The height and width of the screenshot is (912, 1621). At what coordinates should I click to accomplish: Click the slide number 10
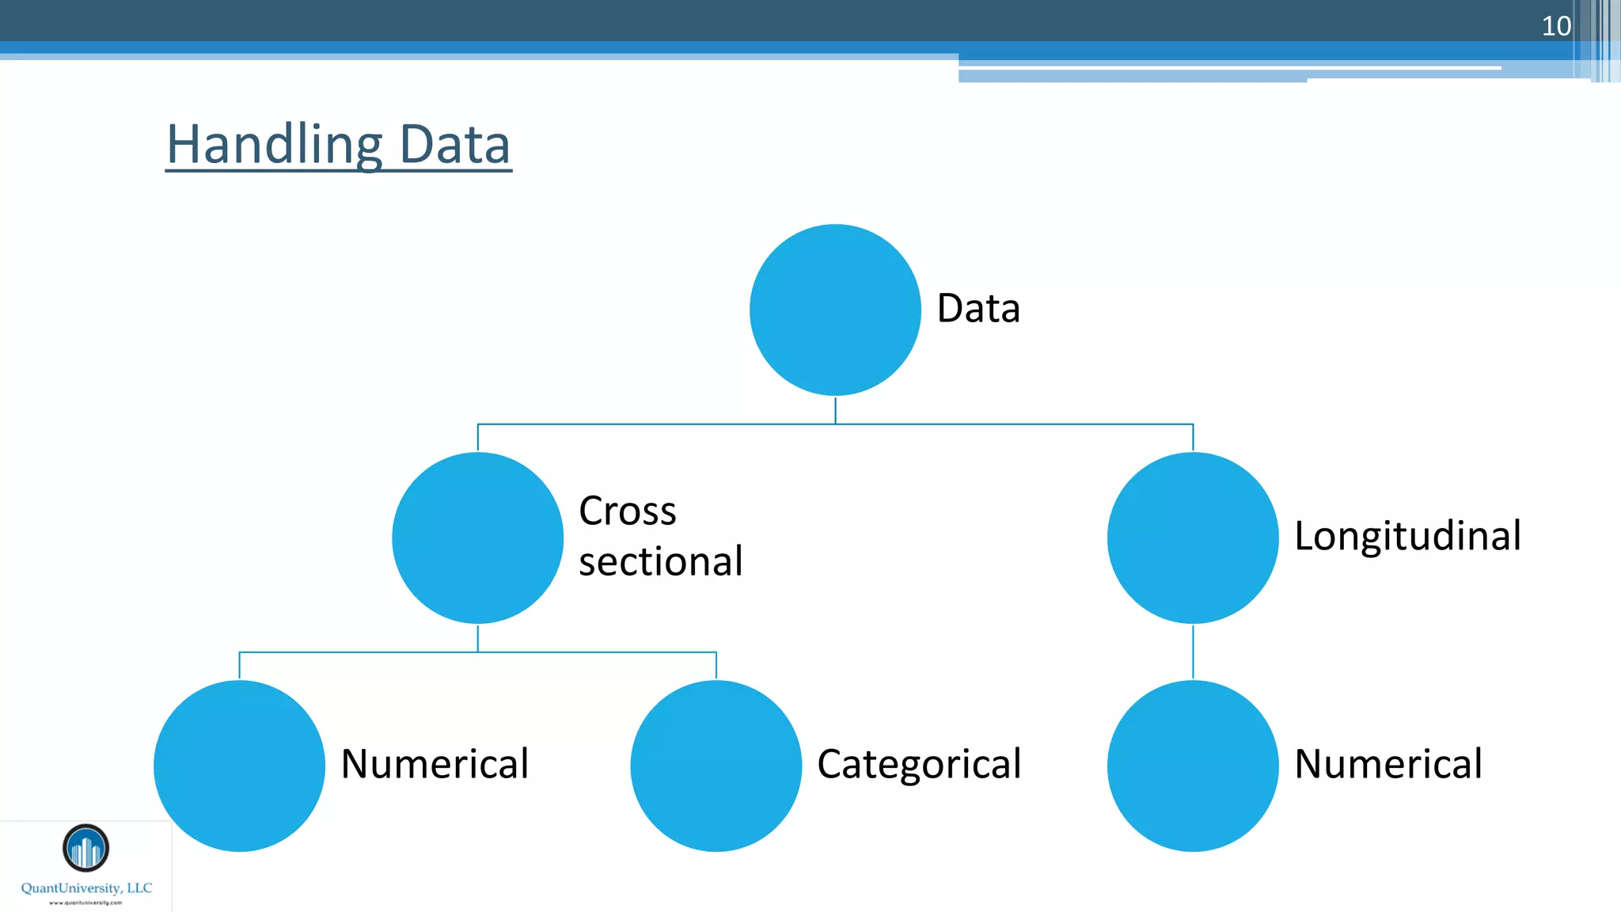[x=1555, y=26]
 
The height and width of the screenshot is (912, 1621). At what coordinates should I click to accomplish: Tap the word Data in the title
[x=454, y=145]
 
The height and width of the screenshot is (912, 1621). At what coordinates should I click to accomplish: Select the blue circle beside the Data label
[x=835, y=310]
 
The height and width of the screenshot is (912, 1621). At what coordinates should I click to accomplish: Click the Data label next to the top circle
[x=978, y=308]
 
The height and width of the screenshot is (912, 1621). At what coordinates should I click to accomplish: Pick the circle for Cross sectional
[x=477, y=538]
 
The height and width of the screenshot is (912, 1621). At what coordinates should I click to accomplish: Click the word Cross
[x=628, y=511]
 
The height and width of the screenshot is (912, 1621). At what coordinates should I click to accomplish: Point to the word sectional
[x=661, y=561]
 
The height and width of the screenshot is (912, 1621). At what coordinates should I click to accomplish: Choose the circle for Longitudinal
[x=1193, y=538]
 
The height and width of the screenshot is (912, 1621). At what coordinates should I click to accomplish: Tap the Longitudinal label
[x=1407, y=536]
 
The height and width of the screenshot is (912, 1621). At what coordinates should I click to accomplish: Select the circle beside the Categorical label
[x=716, y=766]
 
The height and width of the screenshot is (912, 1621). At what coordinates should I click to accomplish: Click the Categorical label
[x=919, y=765]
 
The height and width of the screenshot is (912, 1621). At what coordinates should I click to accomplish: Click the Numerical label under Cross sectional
[x=435, y=764]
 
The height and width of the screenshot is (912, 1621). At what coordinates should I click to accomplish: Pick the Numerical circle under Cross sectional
[x=239, y=766]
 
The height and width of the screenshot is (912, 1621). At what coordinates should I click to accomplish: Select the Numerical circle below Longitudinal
[x=1193, y=766]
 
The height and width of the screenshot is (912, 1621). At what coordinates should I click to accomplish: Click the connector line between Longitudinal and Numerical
[x=1193, y=652]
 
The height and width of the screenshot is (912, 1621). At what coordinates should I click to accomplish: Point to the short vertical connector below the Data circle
[x=835, y=410]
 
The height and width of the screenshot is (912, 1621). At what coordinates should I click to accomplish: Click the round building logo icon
[x=85, y=848]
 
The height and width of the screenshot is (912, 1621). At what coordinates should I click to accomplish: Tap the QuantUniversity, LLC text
[x=86, y=888]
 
